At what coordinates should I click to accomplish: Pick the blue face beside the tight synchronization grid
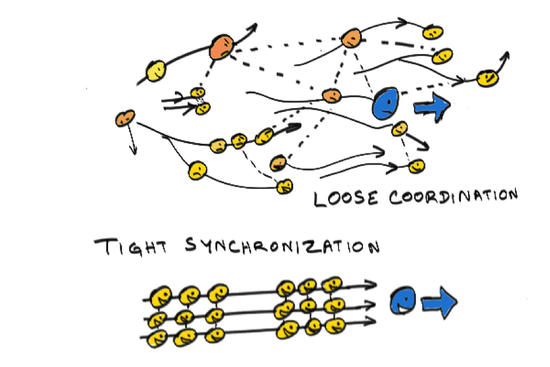coord(404,301)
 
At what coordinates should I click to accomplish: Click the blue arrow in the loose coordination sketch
coord(432,107)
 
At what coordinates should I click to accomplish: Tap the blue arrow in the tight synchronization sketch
coord(440,303)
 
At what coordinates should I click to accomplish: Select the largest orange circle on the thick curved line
coord(223,47)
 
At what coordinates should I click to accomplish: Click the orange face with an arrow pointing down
coord(125,118)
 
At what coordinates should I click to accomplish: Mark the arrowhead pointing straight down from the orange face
coord(134,150)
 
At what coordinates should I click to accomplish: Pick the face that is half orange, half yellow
coord(277,163)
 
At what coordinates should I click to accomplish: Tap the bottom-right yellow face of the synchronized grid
coord(333,324)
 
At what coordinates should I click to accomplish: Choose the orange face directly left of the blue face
coord(331,96)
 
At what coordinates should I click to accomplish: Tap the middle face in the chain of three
coord(238,140)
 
